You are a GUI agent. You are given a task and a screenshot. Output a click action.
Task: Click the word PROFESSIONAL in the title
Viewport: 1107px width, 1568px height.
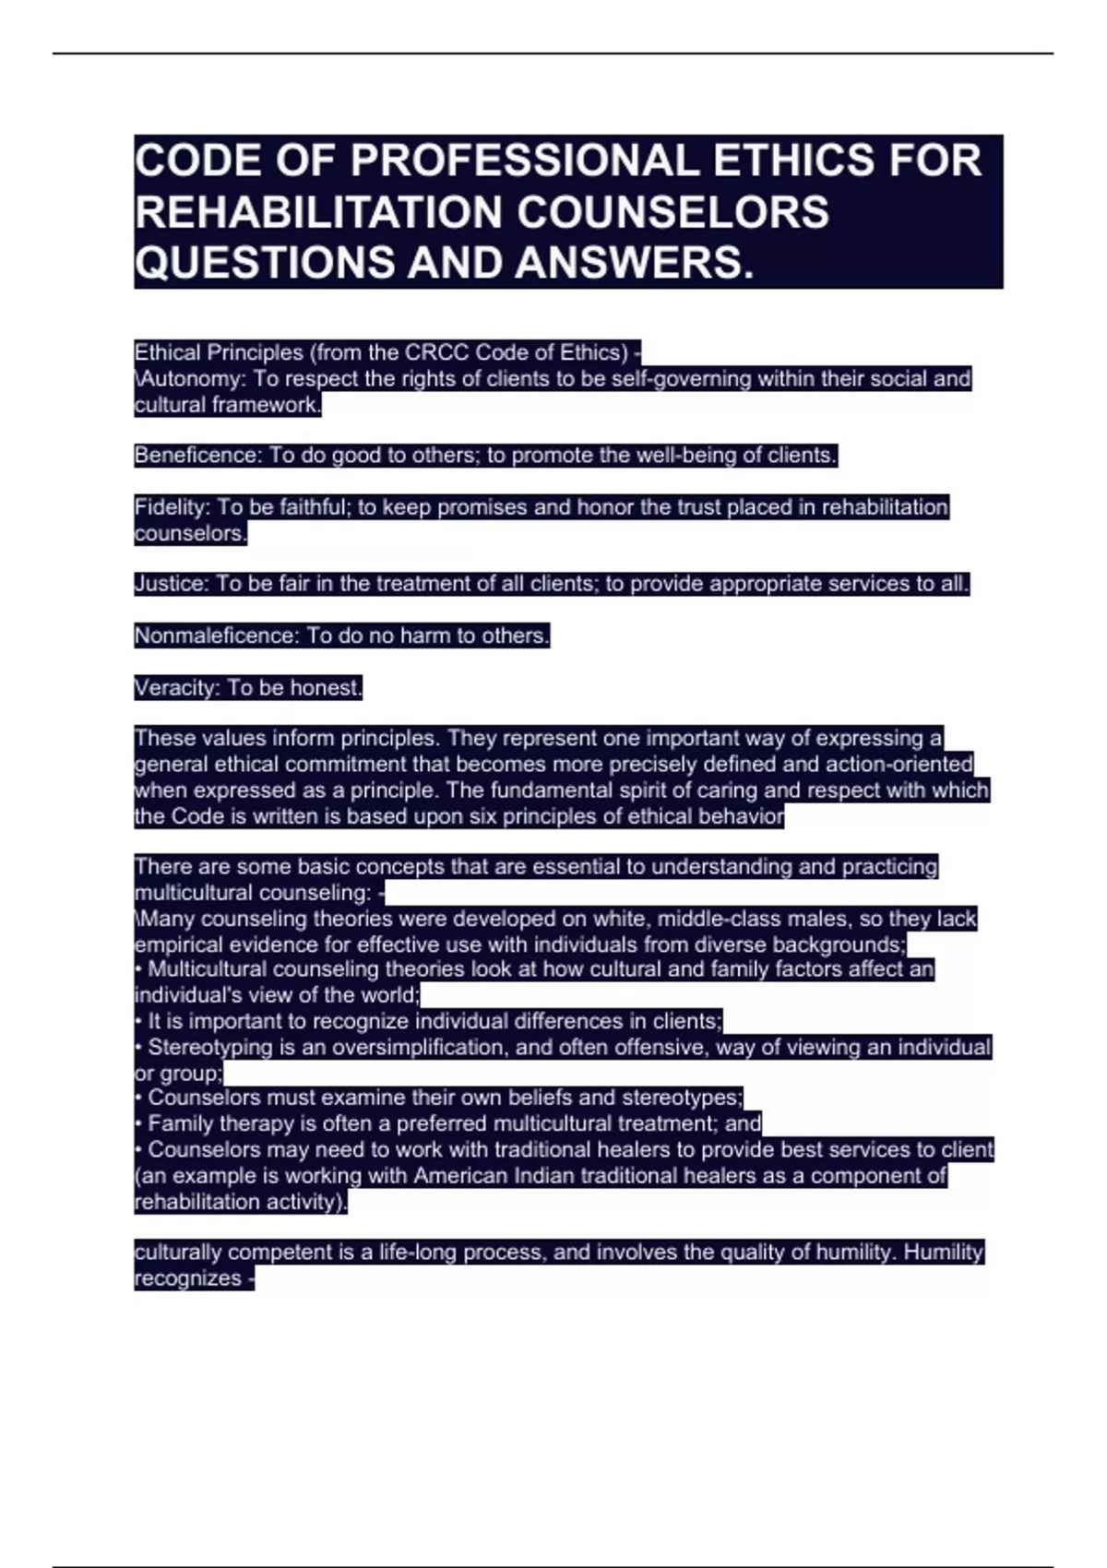click(x=523, y=160)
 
